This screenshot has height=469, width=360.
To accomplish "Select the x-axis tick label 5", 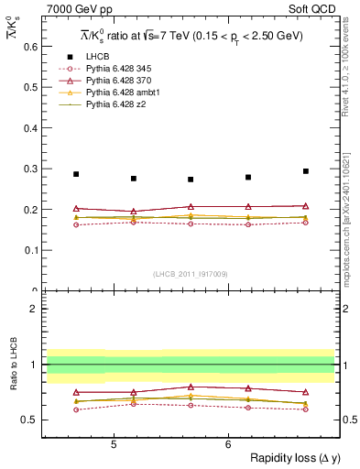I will click(x=113, y=444).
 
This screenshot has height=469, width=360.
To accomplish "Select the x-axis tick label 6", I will click(x=228, y=444).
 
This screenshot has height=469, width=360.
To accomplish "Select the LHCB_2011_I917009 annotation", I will click(x=189, y=274).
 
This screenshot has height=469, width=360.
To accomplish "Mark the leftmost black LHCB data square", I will click(x=76, y=174).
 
